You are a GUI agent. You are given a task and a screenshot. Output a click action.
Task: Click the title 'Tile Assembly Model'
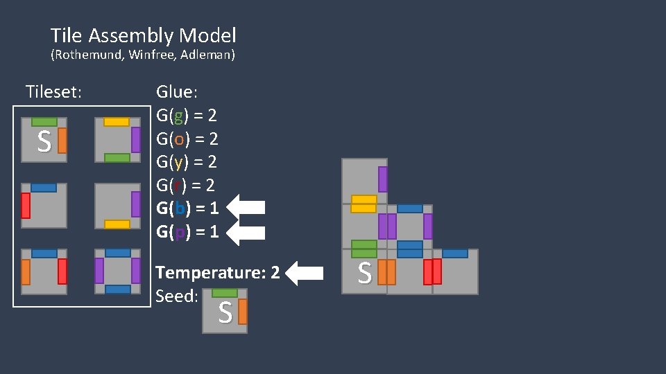tap(143, 35)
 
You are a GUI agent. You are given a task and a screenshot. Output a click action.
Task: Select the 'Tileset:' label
tap(53, 91)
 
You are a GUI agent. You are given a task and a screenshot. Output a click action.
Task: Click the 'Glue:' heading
tap(177, 91)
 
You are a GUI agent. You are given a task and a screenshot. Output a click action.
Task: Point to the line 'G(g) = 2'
tap(187, 115)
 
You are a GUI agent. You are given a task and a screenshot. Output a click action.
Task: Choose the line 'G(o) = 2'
tap(187, 139)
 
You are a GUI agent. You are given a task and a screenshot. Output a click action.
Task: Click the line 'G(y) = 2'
tap(187, 162)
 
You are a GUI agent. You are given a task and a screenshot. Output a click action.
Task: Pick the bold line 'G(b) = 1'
tap(187, 208)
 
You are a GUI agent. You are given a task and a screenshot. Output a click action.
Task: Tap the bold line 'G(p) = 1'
tap(187, 232)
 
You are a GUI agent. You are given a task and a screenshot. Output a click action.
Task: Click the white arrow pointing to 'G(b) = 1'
tap(246, 208)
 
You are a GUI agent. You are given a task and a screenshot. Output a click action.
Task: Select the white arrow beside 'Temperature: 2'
tap(305, 273)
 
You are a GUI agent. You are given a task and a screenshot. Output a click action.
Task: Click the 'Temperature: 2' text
tap(218, 273)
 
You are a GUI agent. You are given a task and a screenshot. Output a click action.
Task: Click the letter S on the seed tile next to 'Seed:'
tap(225, 314)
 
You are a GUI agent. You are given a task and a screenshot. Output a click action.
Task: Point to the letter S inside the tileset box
tap(44, 143)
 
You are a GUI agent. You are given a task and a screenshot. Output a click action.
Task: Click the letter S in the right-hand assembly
tap(364, 274)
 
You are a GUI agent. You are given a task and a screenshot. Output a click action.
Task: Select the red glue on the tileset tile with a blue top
tap(26, 206)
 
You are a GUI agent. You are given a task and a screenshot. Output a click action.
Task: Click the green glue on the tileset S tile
tap(44, 122)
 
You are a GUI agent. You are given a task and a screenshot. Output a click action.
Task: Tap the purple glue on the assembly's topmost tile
tap(382, 179)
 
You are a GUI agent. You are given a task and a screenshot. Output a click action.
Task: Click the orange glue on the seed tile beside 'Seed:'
tap(242, 312)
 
